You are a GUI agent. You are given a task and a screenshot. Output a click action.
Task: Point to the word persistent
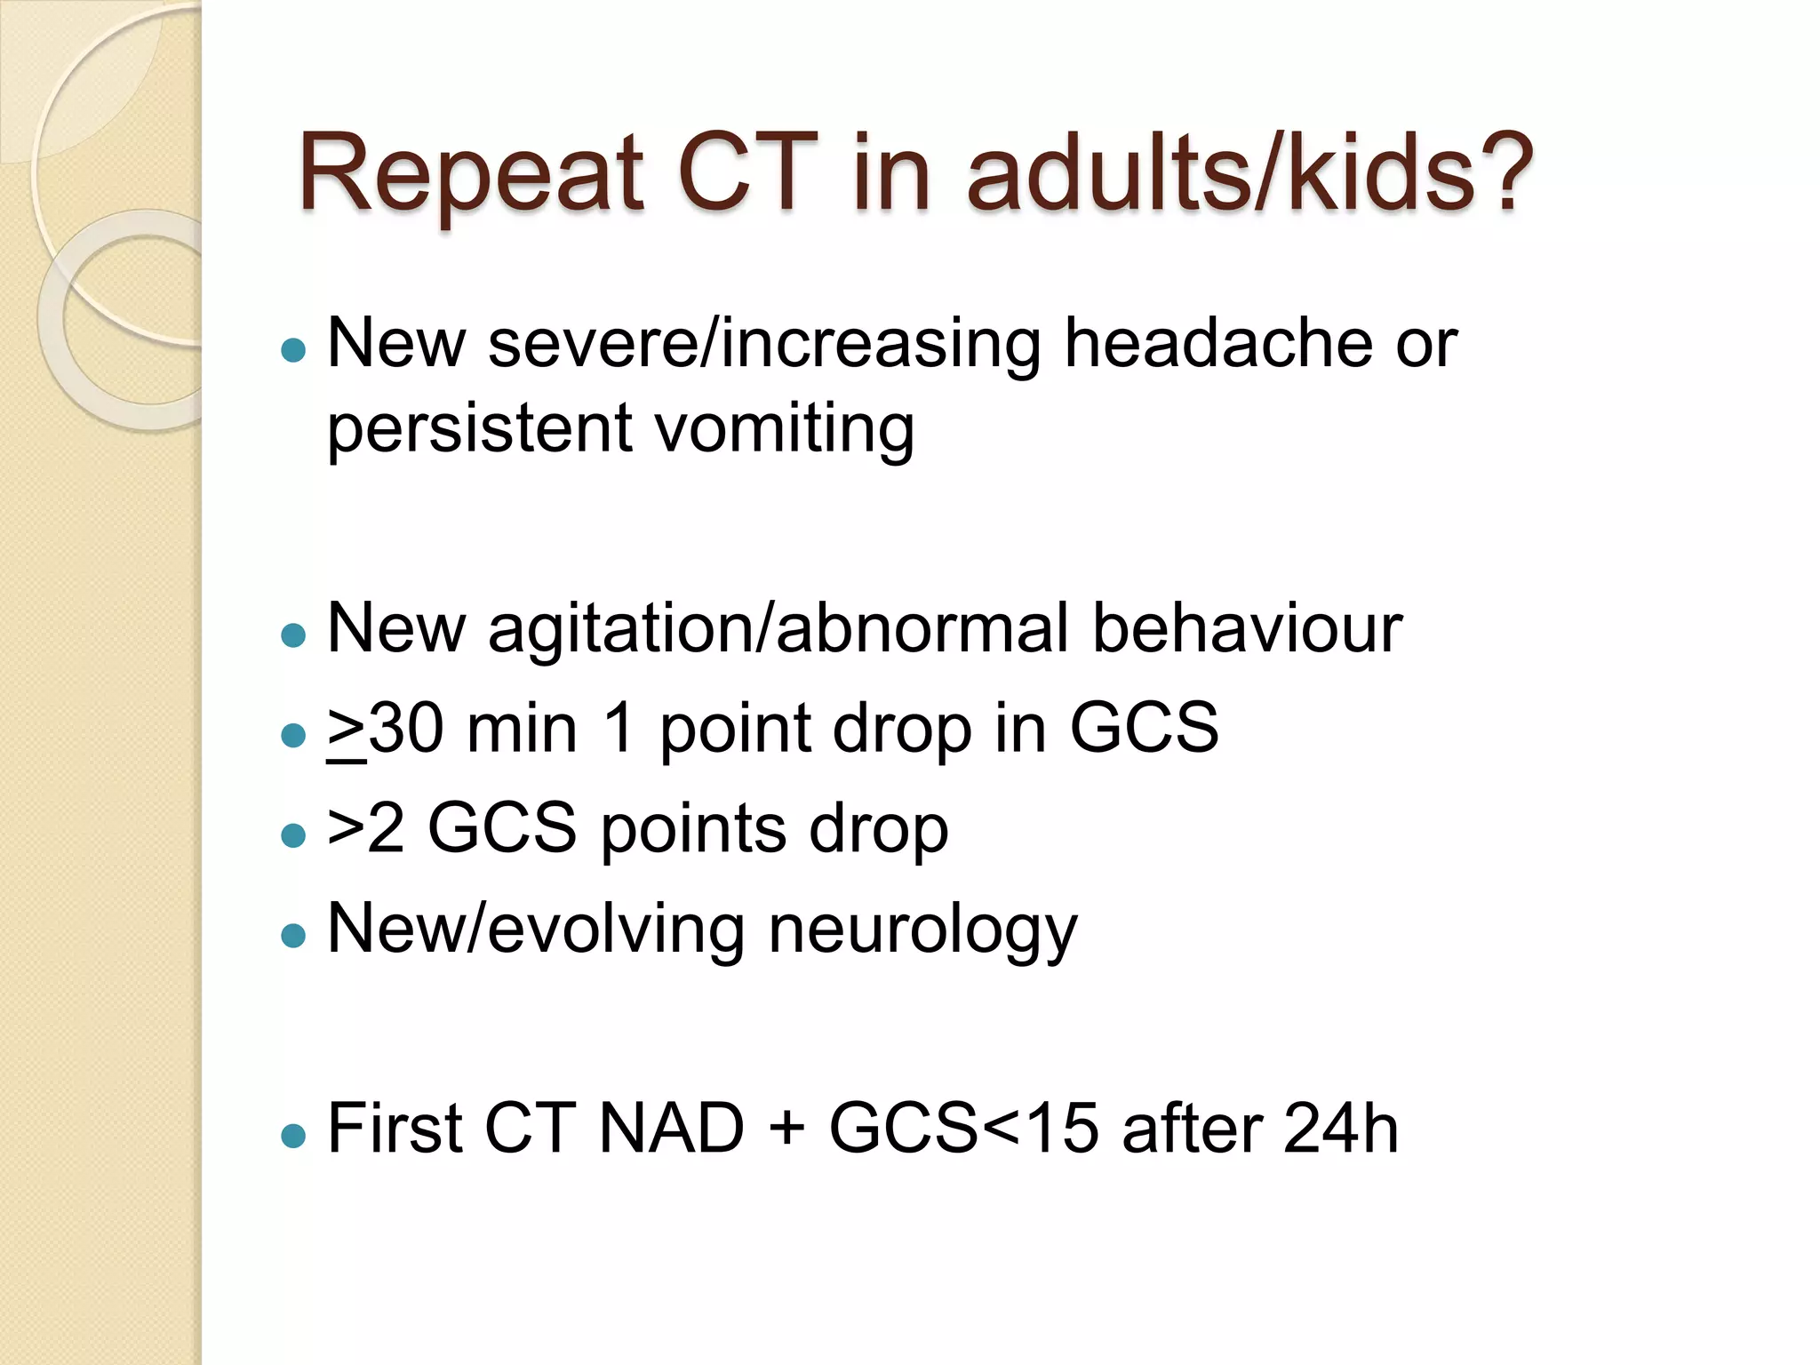[480, 429]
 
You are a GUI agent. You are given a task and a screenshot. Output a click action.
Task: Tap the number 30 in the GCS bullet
[406, 729]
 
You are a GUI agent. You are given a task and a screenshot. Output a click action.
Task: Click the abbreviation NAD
[672, 1130]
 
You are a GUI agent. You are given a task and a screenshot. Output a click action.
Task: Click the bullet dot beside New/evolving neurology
[292, 935]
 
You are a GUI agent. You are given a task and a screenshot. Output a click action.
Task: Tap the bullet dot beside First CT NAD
[292, 1135]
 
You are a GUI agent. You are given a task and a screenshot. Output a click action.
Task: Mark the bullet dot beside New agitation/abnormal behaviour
[292, 635]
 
